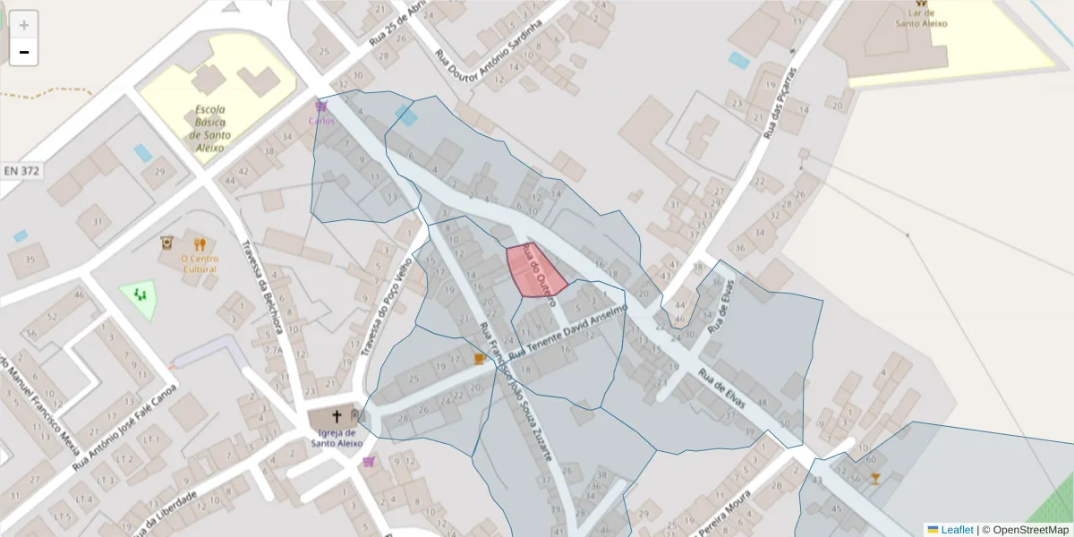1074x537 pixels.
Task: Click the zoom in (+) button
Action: [x=24, y=25]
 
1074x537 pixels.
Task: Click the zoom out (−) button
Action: [x=24, y=52]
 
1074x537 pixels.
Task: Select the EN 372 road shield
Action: [x=22, y=170]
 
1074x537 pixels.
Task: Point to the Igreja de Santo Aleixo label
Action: [x=337, y=438]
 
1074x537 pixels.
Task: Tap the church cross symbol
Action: [x=337, y=416]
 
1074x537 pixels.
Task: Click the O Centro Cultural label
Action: [x=200, y=263]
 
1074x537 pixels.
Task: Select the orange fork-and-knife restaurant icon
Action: [x=200, y=243]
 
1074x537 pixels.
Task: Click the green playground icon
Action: [x=139, y=293]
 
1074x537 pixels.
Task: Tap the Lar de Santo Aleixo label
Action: [x=921, y=19]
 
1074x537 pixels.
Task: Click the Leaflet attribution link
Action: [x=957, y=530]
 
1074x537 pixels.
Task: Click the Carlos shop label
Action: [x=321, y=120]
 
